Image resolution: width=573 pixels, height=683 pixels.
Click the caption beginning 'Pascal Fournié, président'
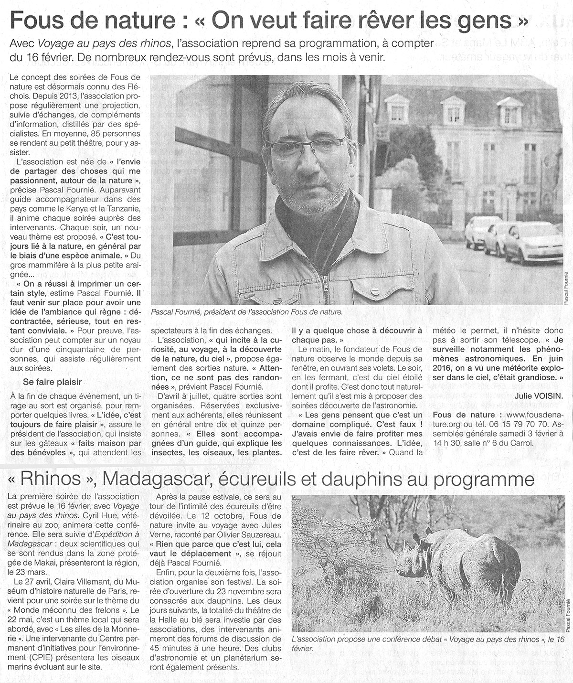pyautogui.click(x=246, y=312)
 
